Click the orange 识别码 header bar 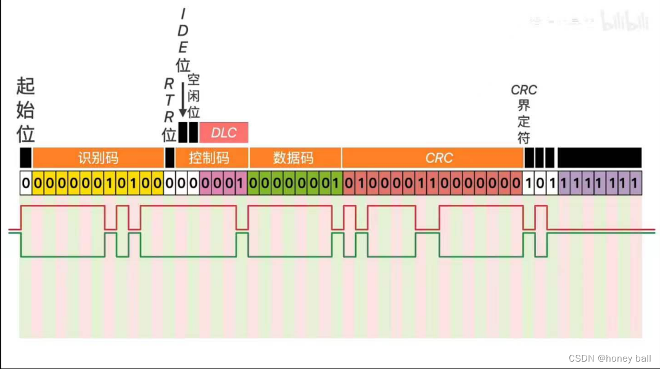(x=98, y=158)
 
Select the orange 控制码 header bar (x=209, y=158)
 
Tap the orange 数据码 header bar (x=294, y=158)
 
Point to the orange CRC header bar (x=439, y=158)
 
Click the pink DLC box (x=224, y=133)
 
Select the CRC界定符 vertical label (x=524, y=114)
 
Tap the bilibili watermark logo (x=625, y=23)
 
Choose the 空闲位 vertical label (x=194, y=96)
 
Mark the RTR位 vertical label (x=169, y=109)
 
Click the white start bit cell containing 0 (x=25, y=183)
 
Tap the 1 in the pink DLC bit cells (x=241, y=183)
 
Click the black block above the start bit (x=25, y=158)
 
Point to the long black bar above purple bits (x=599, y=158)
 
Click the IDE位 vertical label (x=183, y=39)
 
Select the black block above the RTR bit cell (x=170, y=158)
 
